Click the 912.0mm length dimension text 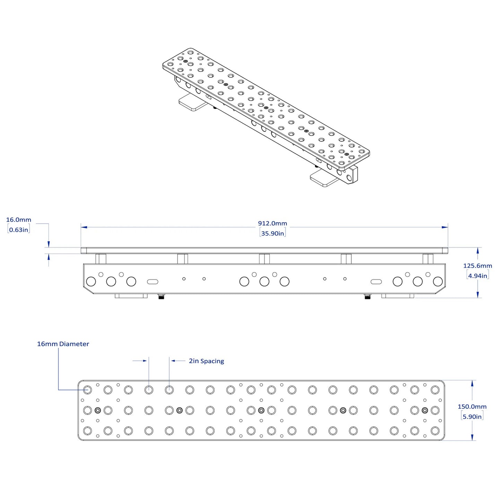pos(272,223)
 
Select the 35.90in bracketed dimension pos(272,233)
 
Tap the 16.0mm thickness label pos(19,220)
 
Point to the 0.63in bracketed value pos(18,230)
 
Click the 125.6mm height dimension pos(478,266)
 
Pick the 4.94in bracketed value pos(478,276)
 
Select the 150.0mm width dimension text pos(472,407)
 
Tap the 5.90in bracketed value pos(472,417)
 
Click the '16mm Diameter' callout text pos(63,344)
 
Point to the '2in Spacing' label pos(206,361)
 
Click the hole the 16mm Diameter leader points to pos(87,390)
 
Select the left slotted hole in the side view pos(153,282)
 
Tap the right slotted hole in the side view pos(376,282)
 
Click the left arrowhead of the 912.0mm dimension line pos(84,227)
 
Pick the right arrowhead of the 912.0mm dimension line pos(445,227)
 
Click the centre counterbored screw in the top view pos(261,411)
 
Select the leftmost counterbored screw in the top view pos(98,411)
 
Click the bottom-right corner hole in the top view pos(435,431)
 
